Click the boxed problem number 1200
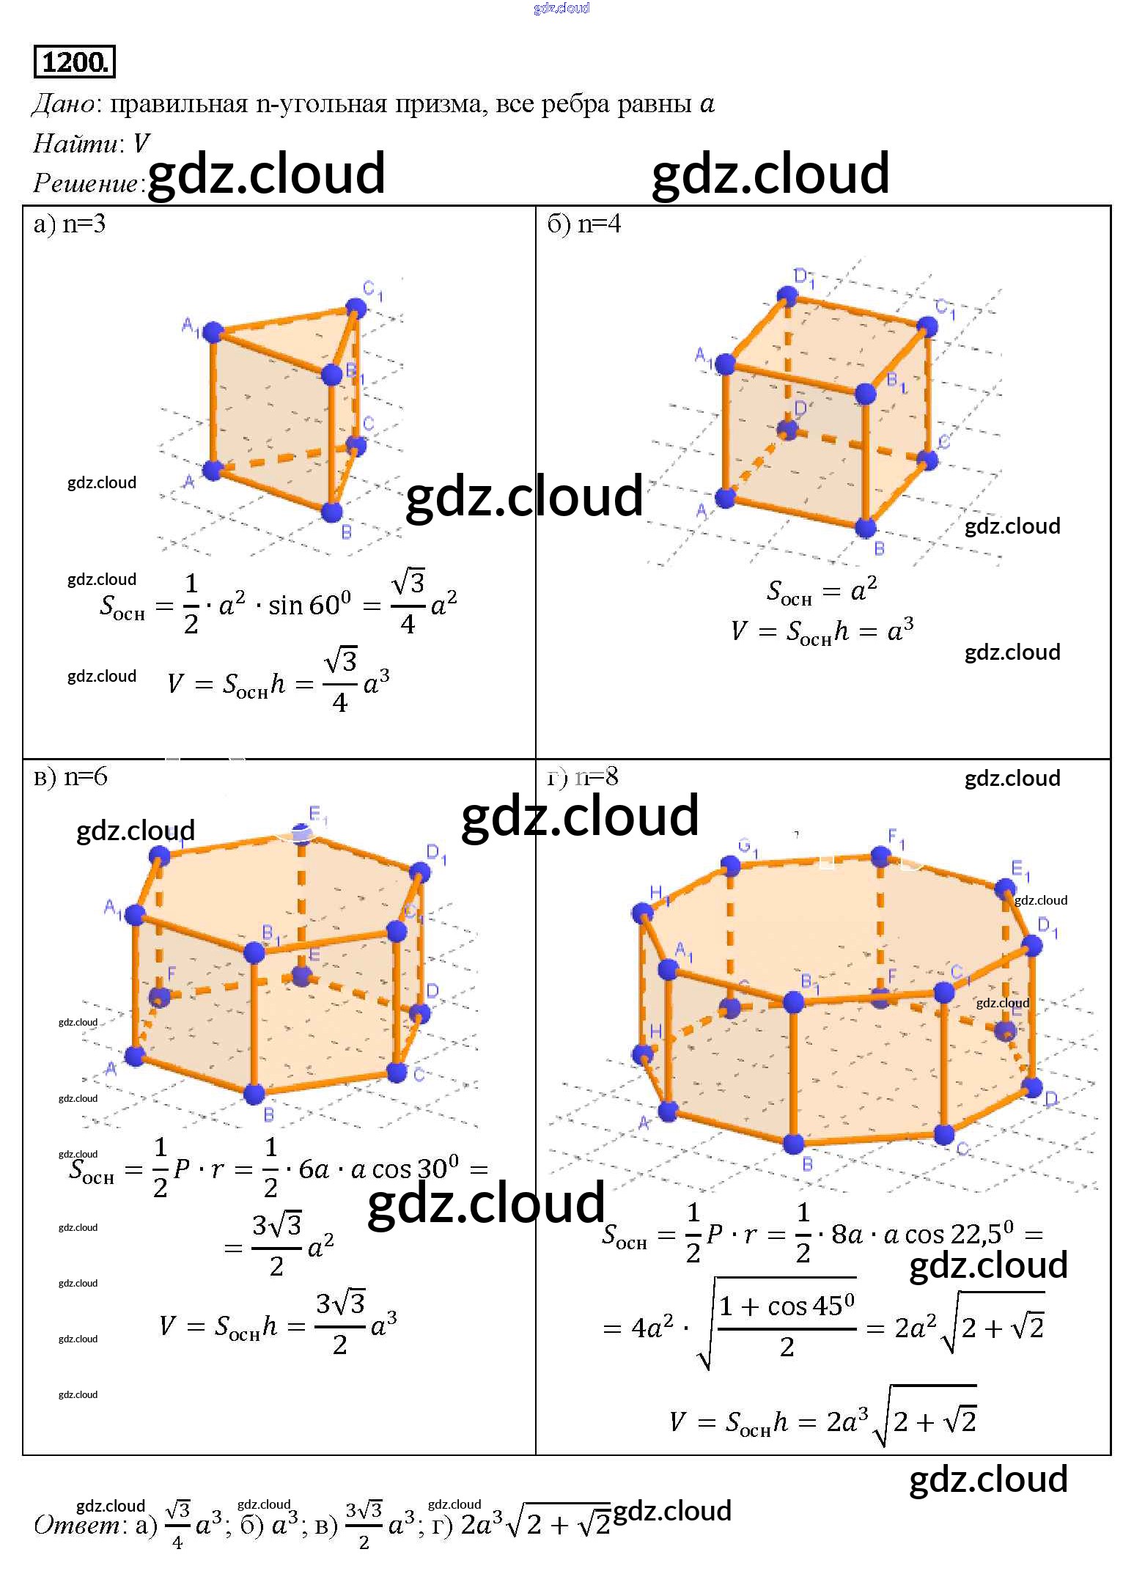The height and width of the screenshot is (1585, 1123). pos(75,62)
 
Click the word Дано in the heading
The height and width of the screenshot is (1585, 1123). pos(63,105)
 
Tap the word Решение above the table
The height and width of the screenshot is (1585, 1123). pos(85,183)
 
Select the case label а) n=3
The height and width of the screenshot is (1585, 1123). pos(70,224)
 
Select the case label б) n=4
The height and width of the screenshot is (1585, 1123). pos(584,224)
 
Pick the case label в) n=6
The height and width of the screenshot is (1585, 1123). pos(70,776)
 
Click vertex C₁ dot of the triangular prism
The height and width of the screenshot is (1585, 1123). pos(356,307)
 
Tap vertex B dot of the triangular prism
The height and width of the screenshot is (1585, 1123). pos(332,512)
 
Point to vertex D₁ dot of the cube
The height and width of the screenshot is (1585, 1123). pos(787,296)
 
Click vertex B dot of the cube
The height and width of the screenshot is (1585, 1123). pos(866,526)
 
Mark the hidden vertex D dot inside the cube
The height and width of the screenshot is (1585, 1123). pos(787,430)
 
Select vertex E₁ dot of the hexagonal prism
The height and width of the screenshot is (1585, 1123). pos(301,834)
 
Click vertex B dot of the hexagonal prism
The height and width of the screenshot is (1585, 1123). pos(254,1094)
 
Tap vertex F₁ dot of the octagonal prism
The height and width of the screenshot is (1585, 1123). pos(880,856)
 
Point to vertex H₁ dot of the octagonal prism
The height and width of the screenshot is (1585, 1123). pos(642,913)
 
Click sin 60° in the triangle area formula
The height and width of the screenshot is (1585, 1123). pos(309,605)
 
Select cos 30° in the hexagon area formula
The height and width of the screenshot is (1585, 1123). pos(415,1168)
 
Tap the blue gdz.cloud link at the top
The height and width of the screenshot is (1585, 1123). pos(561,8)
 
